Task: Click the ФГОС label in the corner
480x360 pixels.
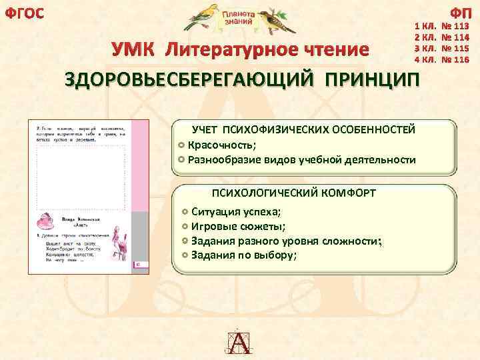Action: [25, 12]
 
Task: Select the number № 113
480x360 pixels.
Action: [457, 29]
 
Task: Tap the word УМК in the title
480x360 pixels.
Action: [135, 50]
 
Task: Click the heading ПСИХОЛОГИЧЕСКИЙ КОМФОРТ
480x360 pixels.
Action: [293, 193]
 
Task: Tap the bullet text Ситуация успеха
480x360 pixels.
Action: [236, 212]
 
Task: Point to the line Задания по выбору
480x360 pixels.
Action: [244, 255]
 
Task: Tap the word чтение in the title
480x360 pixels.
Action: [331, 50]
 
